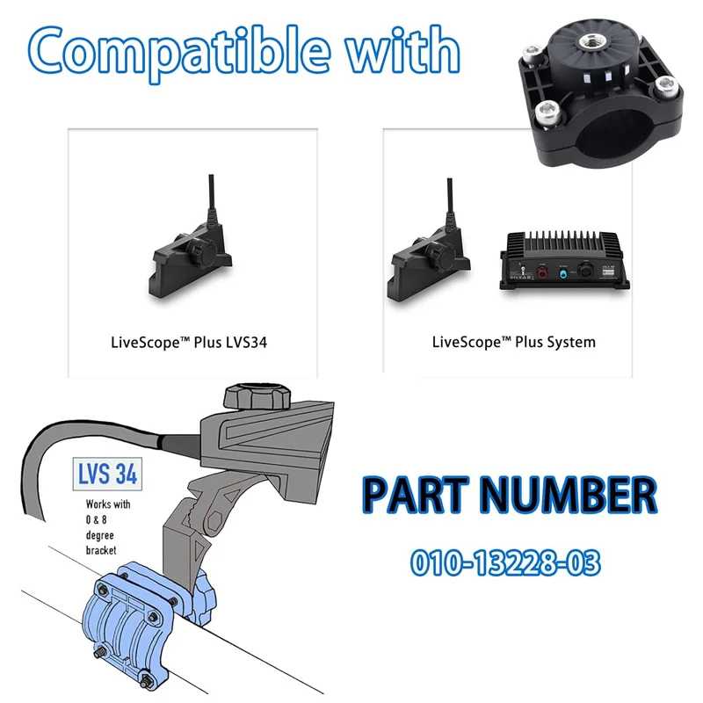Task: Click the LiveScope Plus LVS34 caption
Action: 189,343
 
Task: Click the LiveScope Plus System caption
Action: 514,343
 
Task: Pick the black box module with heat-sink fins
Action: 565,260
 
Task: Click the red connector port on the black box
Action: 542,272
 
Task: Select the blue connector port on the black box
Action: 563,272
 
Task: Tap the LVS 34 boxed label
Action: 107,474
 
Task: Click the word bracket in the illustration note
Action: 101,550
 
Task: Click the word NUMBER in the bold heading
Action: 569,495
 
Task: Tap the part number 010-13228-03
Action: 505,563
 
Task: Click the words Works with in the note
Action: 108,504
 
